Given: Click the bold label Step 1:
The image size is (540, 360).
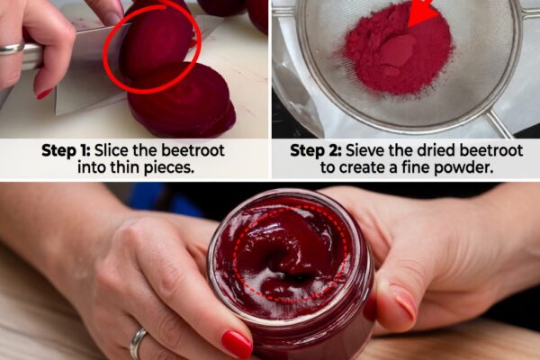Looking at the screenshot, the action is coord(66,150).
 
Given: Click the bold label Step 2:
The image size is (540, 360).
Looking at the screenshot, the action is coord(316,150).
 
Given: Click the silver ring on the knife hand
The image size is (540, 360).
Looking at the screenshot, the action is coord(12,49).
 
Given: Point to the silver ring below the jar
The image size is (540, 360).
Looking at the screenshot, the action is coord(138,343).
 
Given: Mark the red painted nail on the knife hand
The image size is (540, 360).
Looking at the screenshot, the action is coord(44,93).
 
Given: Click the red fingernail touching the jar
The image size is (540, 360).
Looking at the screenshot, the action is coord(237,344).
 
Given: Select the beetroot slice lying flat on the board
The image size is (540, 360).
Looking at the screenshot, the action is coord(182,101).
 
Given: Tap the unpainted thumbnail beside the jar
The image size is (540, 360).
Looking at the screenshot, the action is coord(404,302).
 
